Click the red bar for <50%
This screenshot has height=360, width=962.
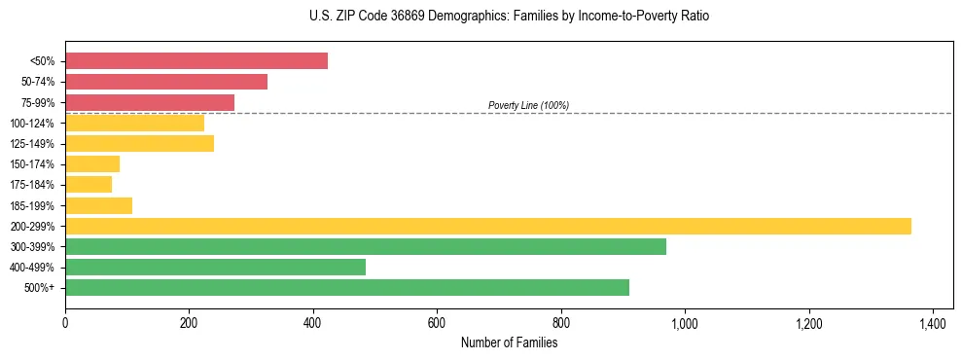[x=196, y=61]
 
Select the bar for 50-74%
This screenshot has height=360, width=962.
[x=166, y=82]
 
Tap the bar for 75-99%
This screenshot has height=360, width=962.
[x=150, y=102]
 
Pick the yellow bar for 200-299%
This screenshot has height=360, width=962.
[x=488, y=226]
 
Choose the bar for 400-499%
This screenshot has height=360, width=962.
[x=215, y=267]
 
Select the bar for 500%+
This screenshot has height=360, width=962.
[x=347, y=287]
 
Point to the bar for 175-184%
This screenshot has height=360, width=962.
[x=89, y=185]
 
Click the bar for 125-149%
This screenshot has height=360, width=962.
[x=139, y=143]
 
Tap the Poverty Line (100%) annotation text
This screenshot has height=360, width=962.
[x=528, y=105]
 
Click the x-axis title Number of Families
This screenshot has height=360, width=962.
[x=509, y=342]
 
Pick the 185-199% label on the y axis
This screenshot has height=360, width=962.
[x=32, y=205]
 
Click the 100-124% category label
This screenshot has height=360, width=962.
[x=32, y=123]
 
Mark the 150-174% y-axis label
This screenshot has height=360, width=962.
[x=32, y=164]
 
